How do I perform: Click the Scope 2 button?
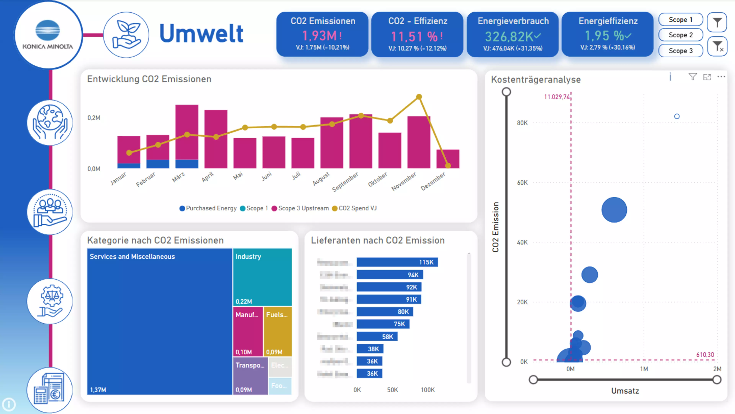tap(680, 35)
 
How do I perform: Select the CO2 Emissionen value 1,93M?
tap(320, 36)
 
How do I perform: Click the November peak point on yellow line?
tap(419, 97)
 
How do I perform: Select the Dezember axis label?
tap(433, 181)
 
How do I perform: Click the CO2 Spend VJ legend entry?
tap(357, 208)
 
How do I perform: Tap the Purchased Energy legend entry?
tap(211, 208)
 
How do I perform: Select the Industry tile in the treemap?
tap(262, 277)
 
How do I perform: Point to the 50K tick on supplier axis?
tap(392, 390)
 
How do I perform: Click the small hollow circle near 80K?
tap(677, 116)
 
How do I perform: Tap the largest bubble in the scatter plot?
tap(614, 210)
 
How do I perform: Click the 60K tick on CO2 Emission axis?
tap(522, 182)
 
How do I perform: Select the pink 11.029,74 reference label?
tap(556, 97)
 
